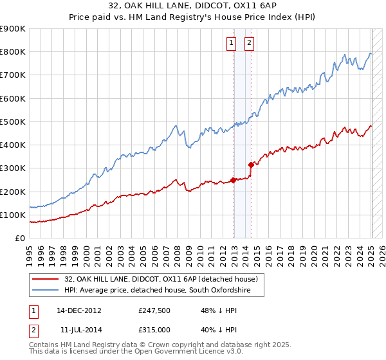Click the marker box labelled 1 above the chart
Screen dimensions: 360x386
pyautogui.click(x=231, y=44)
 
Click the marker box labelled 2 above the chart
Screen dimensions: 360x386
pyautogui.click(x=249, y=44)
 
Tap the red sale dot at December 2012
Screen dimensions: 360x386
pyautogui.click(x=233, y=180)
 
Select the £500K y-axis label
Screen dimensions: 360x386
pyautogui.click(x=13, y=122)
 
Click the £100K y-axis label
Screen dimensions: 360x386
pyautogui.click(x=13, y=215)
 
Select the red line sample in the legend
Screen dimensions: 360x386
pyautogui.click(x=45, y=279)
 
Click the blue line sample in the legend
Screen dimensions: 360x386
pyautogui.click(x=45, y=291)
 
